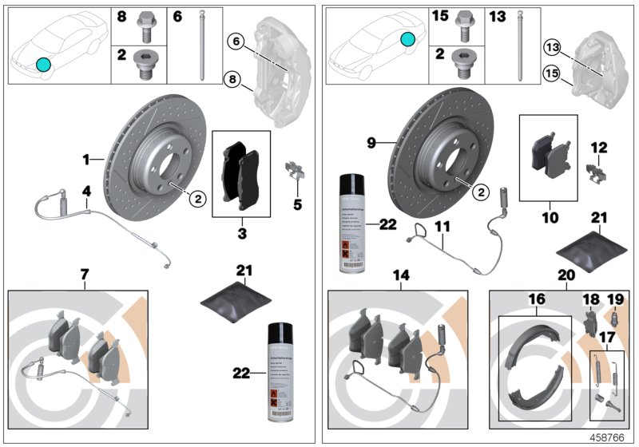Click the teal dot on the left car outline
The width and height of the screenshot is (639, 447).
pos(43,64)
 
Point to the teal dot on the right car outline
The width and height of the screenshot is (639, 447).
pos(408,38)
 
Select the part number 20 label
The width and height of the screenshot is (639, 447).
pos(566,275)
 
